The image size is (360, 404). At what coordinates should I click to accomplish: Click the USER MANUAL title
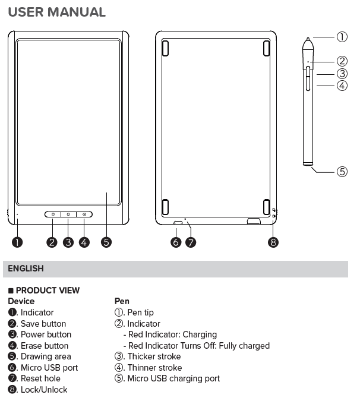(x=57, y=12)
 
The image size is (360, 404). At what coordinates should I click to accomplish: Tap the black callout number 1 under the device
(x=18, y=242)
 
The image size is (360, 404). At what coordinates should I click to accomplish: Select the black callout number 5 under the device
(x=106, y=242)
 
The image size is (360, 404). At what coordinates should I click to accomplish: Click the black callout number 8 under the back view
(x=273, y=242)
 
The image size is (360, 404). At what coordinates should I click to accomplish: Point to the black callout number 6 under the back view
(x=176, y=242)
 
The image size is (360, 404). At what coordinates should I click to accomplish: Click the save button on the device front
(x=52, y=214)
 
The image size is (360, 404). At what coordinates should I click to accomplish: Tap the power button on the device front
(x=68, y=214)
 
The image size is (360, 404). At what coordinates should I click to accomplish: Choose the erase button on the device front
(x=84, y=214)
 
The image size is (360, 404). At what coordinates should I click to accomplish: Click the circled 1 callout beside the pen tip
(x=342, y=37)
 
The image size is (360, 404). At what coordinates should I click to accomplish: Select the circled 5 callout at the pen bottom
(x=342, y=172)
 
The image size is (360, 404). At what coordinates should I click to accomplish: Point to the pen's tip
(x=308, y=41)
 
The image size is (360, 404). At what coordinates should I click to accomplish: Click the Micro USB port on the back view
(x=178, y=223)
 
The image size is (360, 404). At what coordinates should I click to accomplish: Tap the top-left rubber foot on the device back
(x=165, y=48)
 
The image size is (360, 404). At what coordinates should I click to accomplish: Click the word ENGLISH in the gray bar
(x=26, y=269)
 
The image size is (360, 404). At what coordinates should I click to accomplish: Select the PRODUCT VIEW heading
(x=48, y=291)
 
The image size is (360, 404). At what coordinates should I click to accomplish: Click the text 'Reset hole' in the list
(x=40, y=378)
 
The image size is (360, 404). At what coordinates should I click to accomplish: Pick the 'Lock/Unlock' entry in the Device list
(x=44, y=390)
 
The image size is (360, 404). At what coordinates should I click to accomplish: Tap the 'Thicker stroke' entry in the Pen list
(x=154, y=356)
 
